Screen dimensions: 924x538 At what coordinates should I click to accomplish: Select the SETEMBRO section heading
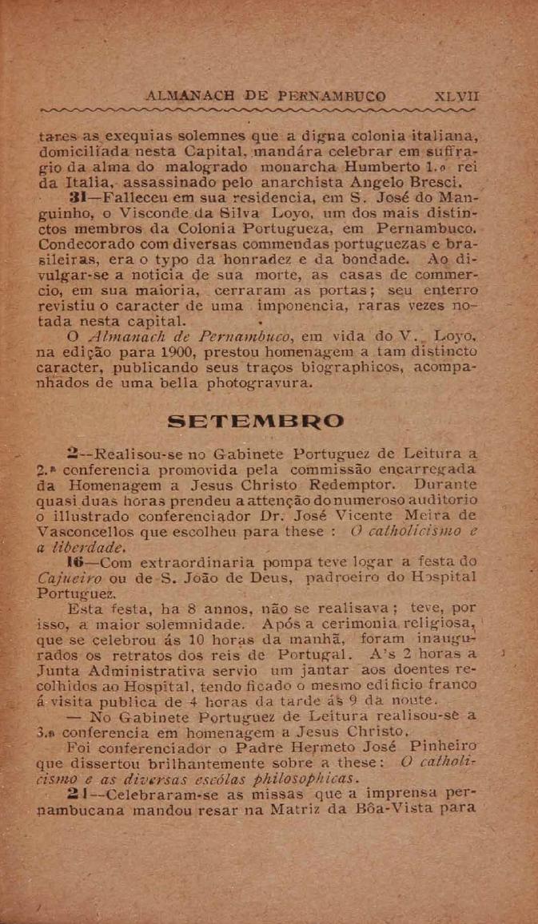pos(257,421)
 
